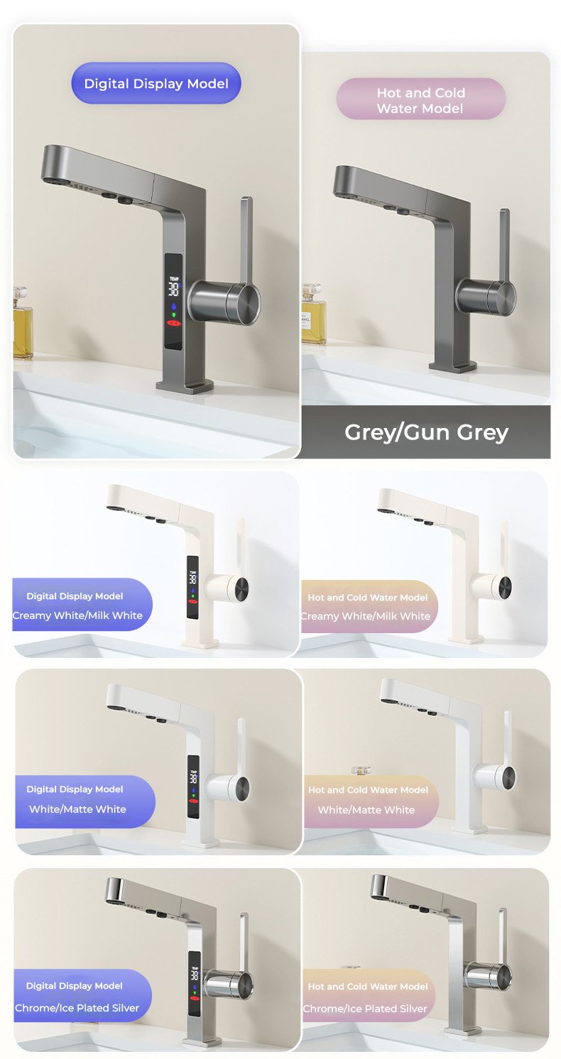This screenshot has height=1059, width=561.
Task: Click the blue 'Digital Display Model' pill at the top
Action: pos(156,83)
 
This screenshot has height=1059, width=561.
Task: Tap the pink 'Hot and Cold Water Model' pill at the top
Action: pos(421,99)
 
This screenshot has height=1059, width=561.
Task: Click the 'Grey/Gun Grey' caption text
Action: pos(426,432)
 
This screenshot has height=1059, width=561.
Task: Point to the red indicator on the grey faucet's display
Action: pos(174,324)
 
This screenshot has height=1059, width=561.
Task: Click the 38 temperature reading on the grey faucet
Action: pos(173,289)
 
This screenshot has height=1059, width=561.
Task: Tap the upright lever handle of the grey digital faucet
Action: pos(246,241)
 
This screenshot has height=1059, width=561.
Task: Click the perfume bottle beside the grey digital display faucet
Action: pos(22,322)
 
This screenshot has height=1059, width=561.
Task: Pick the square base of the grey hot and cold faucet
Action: pos(452,366)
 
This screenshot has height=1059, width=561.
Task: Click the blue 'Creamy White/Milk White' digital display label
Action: pos(82,605)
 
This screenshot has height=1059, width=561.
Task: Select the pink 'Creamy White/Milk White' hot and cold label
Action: pos(369,607)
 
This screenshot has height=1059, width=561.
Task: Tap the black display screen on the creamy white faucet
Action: pos(192,587)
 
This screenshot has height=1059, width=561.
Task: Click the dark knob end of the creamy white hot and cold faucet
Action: pos(505,587)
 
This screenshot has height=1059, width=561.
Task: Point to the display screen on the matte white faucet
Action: pos(193,786)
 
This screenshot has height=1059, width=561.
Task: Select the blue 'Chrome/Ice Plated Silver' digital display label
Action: pos(82,995)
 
